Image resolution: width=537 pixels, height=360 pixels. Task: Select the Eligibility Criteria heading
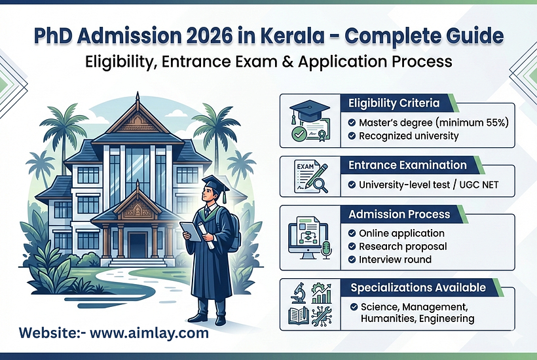[394, 103]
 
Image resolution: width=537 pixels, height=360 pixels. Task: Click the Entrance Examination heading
[407, 165]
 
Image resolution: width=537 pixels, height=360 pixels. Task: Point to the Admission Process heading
[399, 214]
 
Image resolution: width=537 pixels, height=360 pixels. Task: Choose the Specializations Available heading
[418, 287]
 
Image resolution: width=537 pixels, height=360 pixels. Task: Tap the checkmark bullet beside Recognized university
[352, 136]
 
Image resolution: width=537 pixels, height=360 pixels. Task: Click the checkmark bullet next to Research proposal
[352, 246]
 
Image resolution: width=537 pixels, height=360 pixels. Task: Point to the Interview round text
[395, 259]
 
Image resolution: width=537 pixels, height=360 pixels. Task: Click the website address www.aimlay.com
[149, 333]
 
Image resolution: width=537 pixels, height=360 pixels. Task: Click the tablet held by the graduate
[191, 232]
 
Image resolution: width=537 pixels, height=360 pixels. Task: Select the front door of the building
[137, 245]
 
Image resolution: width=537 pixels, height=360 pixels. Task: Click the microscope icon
[298, 293]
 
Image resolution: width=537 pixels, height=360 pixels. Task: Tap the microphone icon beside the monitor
[326, 249]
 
